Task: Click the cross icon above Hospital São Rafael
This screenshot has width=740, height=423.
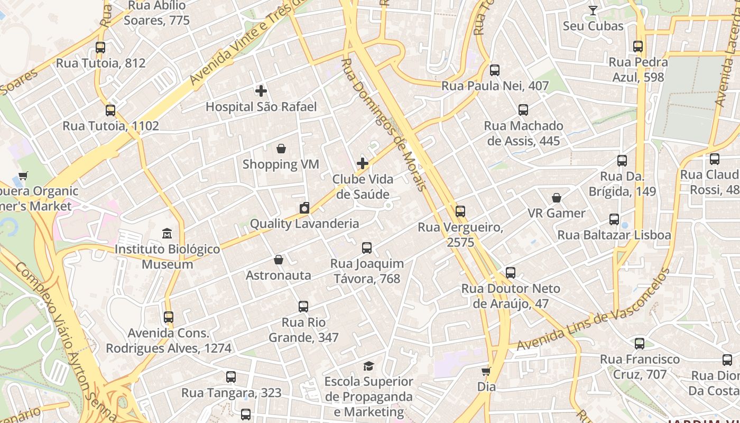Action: click(x=261, y=91)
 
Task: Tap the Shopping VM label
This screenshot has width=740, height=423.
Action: click(x=281, y=164)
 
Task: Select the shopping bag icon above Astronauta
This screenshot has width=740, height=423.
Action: click(x=279, y=260)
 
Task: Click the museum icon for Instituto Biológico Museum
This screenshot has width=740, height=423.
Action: click(x=167, y=233)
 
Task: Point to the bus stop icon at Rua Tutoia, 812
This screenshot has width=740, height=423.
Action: click(x=100, y=48)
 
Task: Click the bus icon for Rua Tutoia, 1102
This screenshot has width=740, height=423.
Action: click(x=110, y=111)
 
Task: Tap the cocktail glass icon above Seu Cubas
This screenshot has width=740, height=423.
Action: click(x=593, y=11)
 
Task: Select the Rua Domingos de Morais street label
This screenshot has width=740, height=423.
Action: click(x=383, y=125)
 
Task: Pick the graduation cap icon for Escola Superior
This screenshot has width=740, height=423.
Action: click(x=368, y=366)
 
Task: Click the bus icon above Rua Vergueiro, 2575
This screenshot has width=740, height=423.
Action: click(x=460, y=212)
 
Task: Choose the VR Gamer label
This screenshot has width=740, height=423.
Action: click(x=557, y=214)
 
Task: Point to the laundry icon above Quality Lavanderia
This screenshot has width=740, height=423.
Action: click(x=304, y=208)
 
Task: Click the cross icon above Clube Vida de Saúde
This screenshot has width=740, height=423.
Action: click(x=363, y=163)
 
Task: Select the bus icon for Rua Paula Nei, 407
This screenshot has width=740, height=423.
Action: click(x=495, y=70)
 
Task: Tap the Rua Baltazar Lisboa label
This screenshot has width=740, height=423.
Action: click(x=614, y=235)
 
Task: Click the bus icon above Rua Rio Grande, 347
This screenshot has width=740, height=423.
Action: click(x=303, y=307)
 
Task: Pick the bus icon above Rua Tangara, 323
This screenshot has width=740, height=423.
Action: click(x=231, y=377)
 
